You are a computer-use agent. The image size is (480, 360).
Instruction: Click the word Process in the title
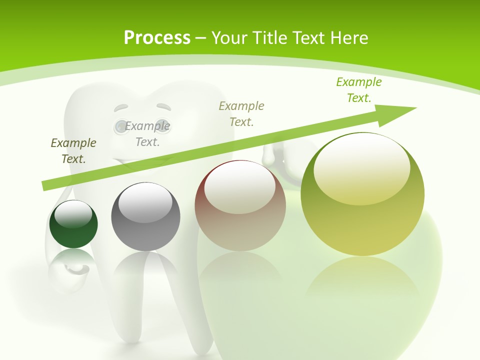point(157,38)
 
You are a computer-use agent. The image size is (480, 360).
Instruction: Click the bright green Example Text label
point(359,89)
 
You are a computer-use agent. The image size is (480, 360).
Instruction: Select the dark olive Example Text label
point(73,150)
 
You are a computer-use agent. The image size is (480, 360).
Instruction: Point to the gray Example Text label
point(147,133)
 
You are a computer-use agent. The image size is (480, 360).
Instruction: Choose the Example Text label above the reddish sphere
point(241,113)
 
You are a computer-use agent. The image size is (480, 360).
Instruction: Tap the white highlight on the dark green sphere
point(73,214)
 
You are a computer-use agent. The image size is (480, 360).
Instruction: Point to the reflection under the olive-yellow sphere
point(362,280)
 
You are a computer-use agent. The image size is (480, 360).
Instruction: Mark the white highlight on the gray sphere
point(145,202)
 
